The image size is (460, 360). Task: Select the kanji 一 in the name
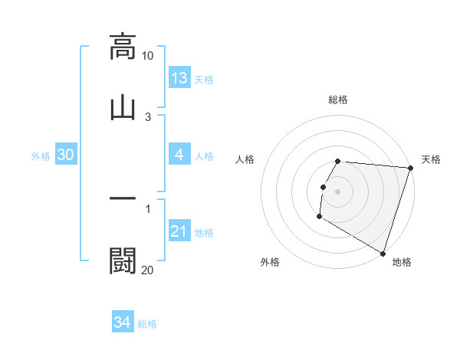(x=123, y=198)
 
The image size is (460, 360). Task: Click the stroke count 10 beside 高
(x=148, y=56)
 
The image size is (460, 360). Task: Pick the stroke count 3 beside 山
(x=148, y=116)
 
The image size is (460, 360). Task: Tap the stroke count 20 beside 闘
(x=148, y=270)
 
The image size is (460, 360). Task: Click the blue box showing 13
(x=179, y=78)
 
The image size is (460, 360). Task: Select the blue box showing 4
(x=179, y=155)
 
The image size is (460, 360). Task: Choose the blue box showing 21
(x=179, y=231)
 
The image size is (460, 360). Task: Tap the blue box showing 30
(x=66, y=155)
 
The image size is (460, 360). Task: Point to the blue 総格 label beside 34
(x=147, y=324)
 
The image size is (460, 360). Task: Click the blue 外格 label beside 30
(x=41, y=156)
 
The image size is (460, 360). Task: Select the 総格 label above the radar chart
(x=338, y=100)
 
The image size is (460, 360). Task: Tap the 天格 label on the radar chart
(x=431, y=159)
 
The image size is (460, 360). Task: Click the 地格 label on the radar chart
(x=402, y=262)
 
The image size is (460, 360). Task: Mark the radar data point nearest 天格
(x=410, y=168)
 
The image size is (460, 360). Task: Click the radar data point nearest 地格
(x=383, y=253)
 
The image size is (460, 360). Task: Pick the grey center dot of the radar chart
(x=338, y=191)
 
